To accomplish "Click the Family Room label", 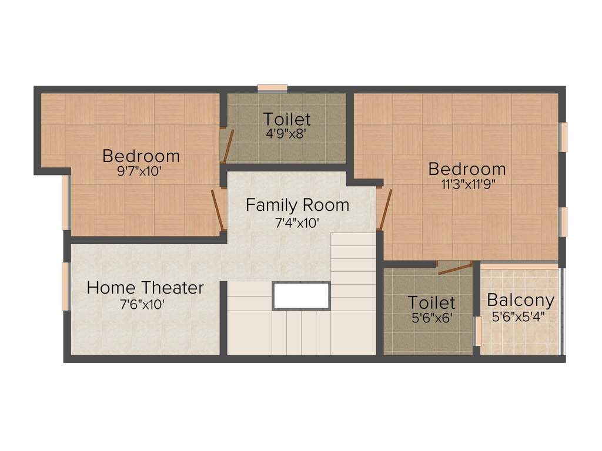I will [x=297, y=206].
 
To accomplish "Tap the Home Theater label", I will [x=145, y=288].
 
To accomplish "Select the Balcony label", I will [x=520, y=301].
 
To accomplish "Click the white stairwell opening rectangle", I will [x=301, y=296].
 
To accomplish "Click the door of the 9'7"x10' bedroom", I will [x=218, y=210].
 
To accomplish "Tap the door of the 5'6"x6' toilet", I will [x=455, y=269].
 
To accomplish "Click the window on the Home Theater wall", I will [x=65, y=286].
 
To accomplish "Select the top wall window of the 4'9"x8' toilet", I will [x=272, y=89].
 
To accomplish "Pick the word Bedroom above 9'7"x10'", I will [x=141, y=156].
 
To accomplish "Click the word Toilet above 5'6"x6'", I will [x=432, y=302].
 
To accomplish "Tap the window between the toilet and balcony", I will [x=478, y=331].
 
